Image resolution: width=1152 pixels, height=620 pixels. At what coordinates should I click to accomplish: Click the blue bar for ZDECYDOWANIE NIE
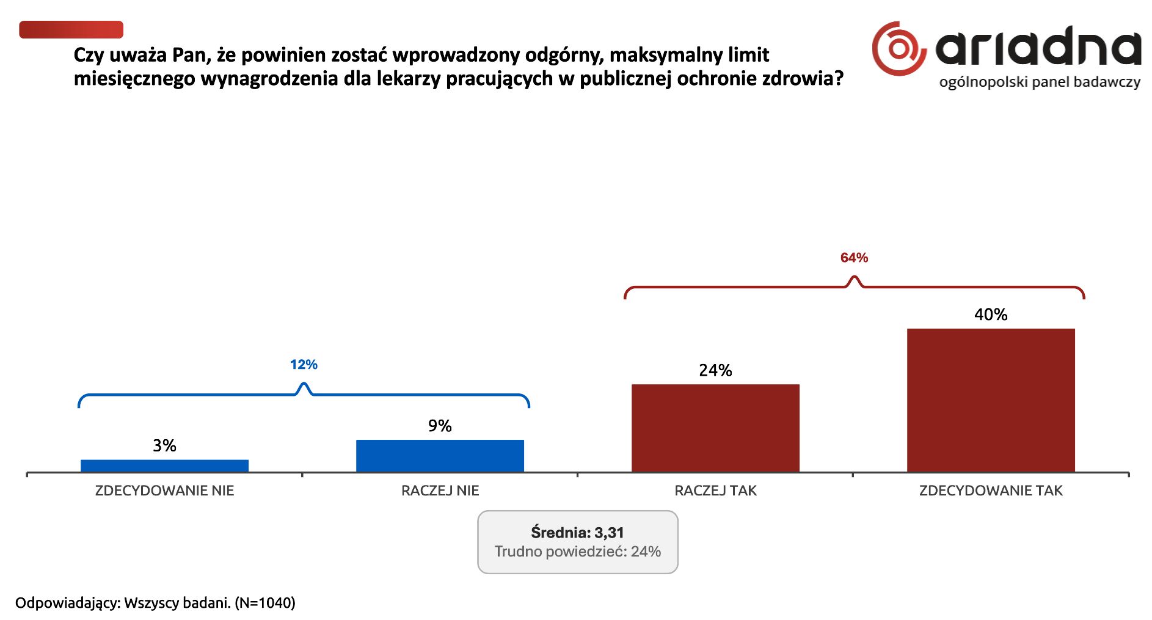(164, 465)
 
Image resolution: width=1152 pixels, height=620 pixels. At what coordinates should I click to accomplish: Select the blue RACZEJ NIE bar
(440, 456)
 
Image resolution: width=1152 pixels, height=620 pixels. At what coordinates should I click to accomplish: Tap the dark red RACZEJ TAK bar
(715, 428)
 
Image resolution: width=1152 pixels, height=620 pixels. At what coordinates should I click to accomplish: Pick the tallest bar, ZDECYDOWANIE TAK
(991, 400)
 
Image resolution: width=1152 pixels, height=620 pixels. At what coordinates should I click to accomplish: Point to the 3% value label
(164, 445)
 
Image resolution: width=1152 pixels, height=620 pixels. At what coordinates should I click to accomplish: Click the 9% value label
(440, 426)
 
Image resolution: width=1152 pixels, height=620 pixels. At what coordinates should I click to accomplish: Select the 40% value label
(991, 315)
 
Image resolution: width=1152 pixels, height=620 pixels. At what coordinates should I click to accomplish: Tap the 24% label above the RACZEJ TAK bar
(715, 370)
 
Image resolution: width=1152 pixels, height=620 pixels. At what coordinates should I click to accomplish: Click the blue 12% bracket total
(304, 365)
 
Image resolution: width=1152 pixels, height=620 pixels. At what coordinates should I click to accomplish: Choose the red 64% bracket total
(854, 258)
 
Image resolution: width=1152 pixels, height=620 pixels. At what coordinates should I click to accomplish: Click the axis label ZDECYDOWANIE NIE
(164, 491)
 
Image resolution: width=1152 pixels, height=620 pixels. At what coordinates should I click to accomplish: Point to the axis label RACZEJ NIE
(440, 491)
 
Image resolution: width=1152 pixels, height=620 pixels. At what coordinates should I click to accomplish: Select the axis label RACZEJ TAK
(715, 491)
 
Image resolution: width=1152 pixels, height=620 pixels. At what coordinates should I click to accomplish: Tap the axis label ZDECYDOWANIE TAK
(991, 491)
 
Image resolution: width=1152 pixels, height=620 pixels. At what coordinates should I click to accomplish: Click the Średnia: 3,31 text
(577, 533)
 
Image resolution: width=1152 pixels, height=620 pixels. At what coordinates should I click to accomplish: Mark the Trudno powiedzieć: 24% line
(577, 552)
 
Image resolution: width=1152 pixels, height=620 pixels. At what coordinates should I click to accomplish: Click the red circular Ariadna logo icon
(897, 49)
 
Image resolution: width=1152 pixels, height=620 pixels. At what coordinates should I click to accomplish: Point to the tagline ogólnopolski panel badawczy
(1040, 82)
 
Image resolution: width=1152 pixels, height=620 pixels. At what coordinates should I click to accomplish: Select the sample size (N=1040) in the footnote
(265, 603)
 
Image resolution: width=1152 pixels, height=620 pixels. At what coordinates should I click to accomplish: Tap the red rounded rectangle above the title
(71, 29)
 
